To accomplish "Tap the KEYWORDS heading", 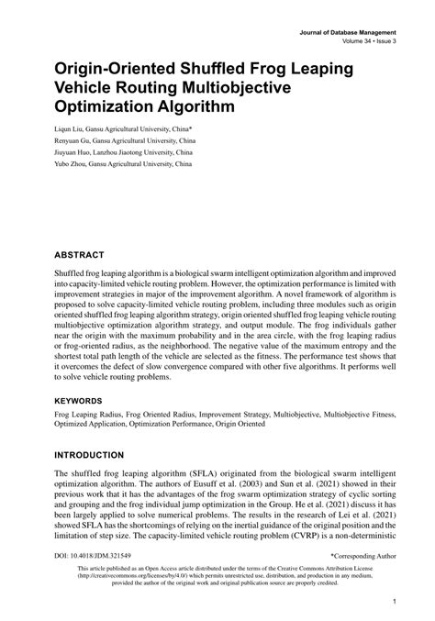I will [78, 401].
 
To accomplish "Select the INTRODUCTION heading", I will [90, 454].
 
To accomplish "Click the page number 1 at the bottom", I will [393, 602].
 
